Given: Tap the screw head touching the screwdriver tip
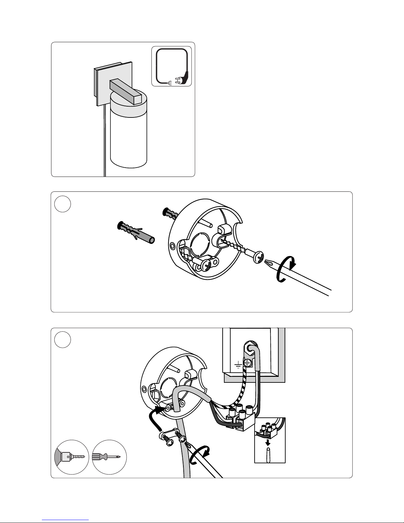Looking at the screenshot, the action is click(258, 257).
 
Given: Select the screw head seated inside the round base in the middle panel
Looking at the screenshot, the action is click(207, 264).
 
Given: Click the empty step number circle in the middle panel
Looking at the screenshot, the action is click(63, 204).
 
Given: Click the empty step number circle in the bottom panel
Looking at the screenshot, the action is click(63, 340).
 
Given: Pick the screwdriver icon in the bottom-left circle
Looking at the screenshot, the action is click(109, 457).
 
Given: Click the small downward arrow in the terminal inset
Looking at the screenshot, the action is click(268, 441).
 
